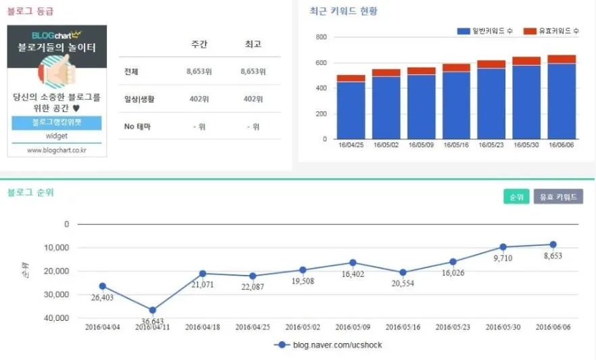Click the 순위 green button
tap(517, 197)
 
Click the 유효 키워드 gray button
tap(558, 197)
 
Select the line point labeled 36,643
tap(153, 310)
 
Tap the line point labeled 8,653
tap(553, 245)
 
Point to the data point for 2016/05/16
tap(403, 273)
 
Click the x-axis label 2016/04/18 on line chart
tap(203, 327)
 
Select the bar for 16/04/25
tap(351, 107)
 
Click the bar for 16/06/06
tap(562, 97)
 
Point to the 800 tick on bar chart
tap(322, 37)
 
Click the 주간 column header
tap(200, 45)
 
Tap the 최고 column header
tap(253, 45)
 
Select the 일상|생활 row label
tap(139, 99)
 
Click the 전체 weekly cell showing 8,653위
tap(200, 72)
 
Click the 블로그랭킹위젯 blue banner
tap(57, 123)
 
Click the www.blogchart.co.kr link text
tap(57, 151)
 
